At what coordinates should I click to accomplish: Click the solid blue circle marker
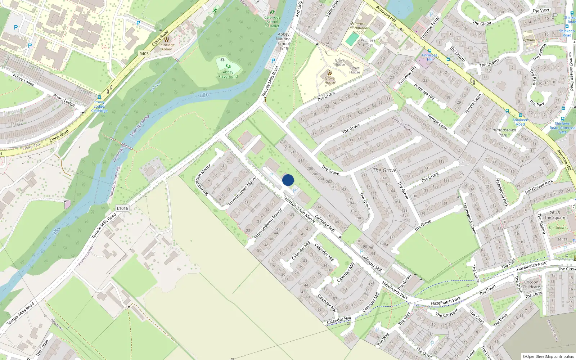click(x=288, y=180)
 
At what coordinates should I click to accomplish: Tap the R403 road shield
click(x=144, y=54)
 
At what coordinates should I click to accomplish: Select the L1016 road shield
click(x=122, y=208)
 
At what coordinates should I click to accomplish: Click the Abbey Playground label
click(x=228, y=74)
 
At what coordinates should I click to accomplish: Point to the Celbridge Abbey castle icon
click(x=166, y=39)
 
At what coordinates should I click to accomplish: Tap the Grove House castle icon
click(x=329, y=73)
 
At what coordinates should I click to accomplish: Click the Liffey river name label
click(x=204, y=95)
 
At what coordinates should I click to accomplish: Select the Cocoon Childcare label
click(x=531, y=284)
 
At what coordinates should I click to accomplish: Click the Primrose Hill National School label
click(x=358, y=28)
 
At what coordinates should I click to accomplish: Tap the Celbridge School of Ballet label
click(x=272, y=22)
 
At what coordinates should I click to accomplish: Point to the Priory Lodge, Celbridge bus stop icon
click(x=99, y=97)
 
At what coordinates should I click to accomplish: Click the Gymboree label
click(x=530, y=40)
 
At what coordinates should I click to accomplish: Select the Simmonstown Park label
click(x=503, y=132)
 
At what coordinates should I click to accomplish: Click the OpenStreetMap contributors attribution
click(x=548, y=356)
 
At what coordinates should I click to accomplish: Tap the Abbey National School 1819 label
click(x=284, y=41)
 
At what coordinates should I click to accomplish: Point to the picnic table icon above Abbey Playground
click(x=222, y=60)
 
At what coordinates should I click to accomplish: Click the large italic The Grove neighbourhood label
click(x=384, y=170)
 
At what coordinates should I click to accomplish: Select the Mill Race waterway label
click(x=156, y=87)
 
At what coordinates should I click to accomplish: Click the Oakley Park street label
click(x=31, y=147)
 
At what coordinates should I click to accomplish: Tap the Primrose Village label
click(x=368, y=42)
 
